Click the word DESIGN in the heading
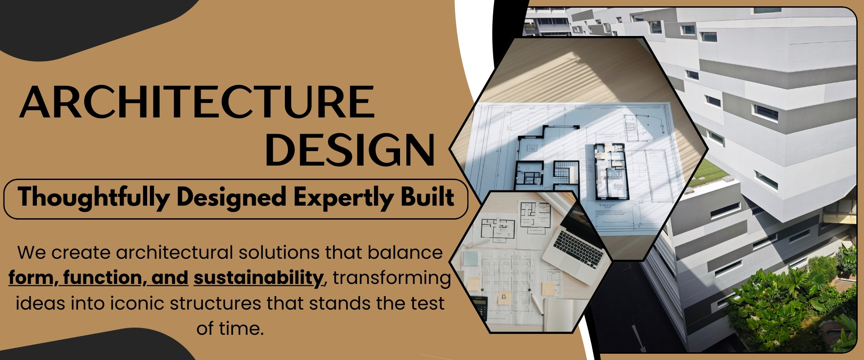pos(350,150)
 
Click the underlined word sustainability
pos(258,278)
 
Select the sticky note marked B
pos(504,297)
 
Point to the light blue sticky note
pos(470,259)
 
